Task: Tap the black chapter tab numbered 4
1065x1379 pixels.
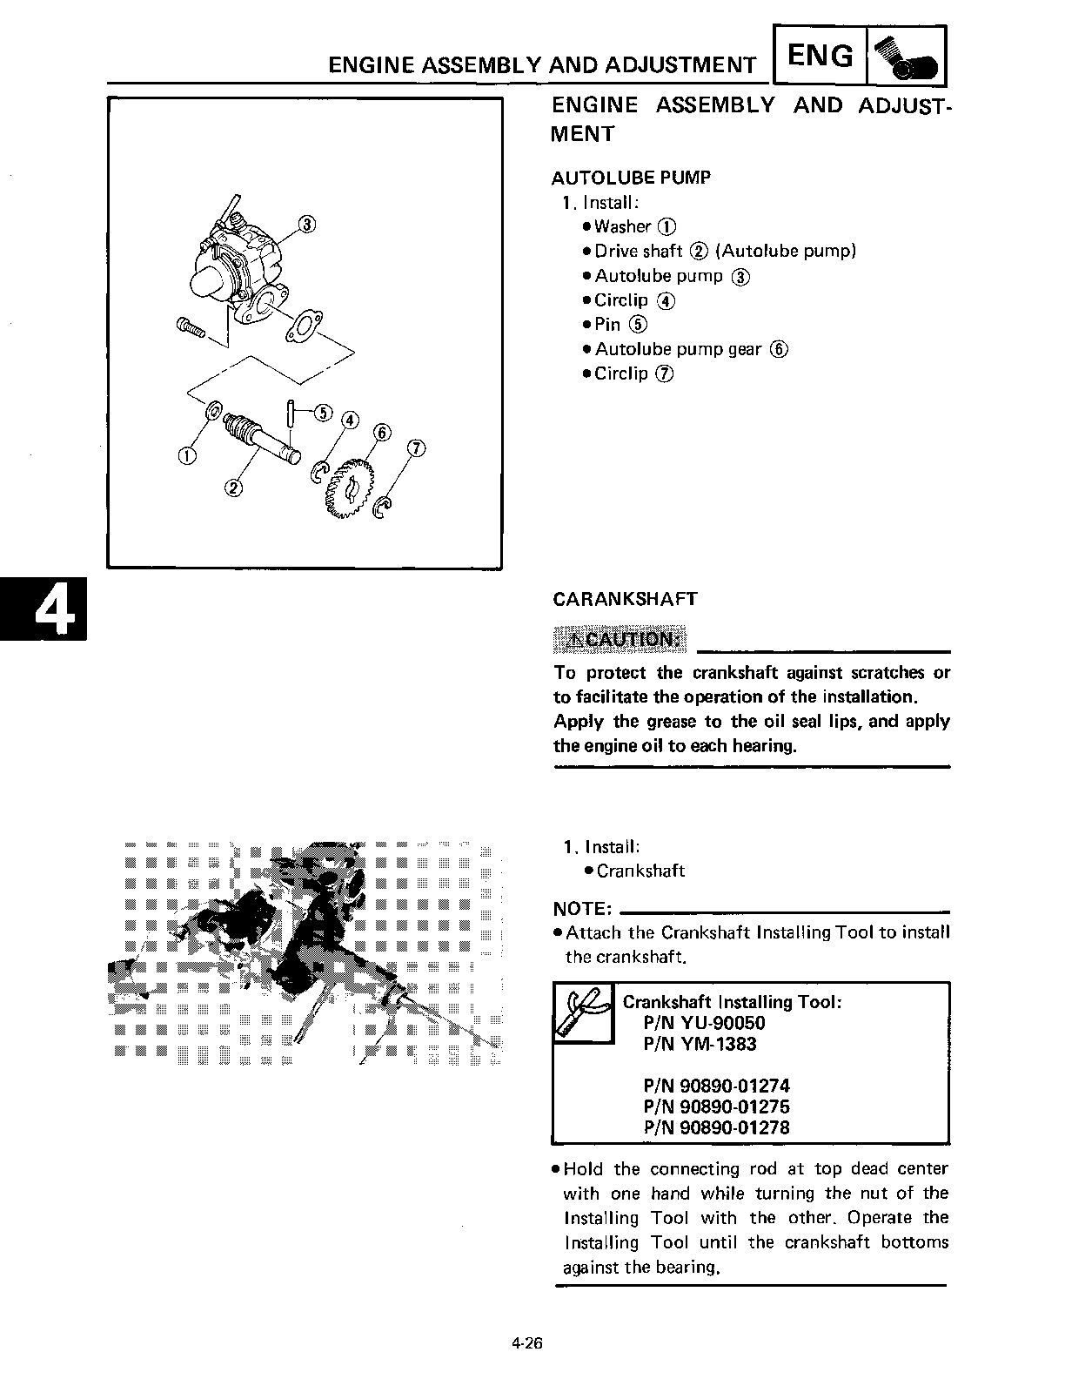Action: (x=44, y=608)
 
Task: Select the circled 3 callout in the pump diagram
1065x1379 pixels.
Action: (x=306, y=224)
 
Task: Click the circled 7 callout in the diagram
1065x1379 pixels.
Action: (x=417, y=448)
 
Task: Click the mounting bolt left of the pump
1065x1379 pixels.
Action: (x=190, y=328)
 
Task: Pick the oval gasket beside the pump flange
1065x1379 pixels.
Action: (x=303, y=326)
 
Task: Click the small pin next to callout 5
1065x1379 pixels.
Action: (x=292, y=414)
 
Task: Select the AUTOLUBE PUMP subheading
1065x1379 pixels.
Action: (x=631, y=178)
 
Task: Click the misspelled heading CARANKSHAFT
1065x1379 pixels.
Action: (x=625, y=599)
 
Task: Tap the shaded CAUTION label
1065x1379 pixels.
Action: (x=620, y=640)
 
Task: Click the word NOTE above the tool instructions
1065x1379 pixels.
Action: (x=582, y=909)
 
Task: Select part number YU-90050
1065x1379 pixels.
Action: (x=704, y=1023)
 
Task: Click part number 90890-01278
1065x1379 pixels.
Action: (x=716, y=1127)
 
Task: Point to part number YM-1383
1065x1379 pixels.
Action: (x=700, y=1044)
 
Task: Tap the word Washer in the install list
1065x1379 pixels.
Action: (x=622, y=226)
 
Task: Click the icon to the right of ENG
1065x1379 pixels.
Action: (x=906, y=57)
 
